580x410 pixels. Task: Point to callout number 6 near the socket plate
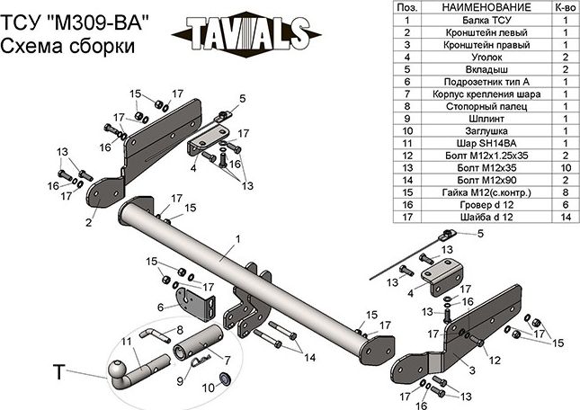[162, 307]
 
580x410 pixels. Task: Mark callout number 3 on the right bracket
[468, 370]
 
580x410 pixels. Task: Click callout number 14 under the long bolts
[309, 358]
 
